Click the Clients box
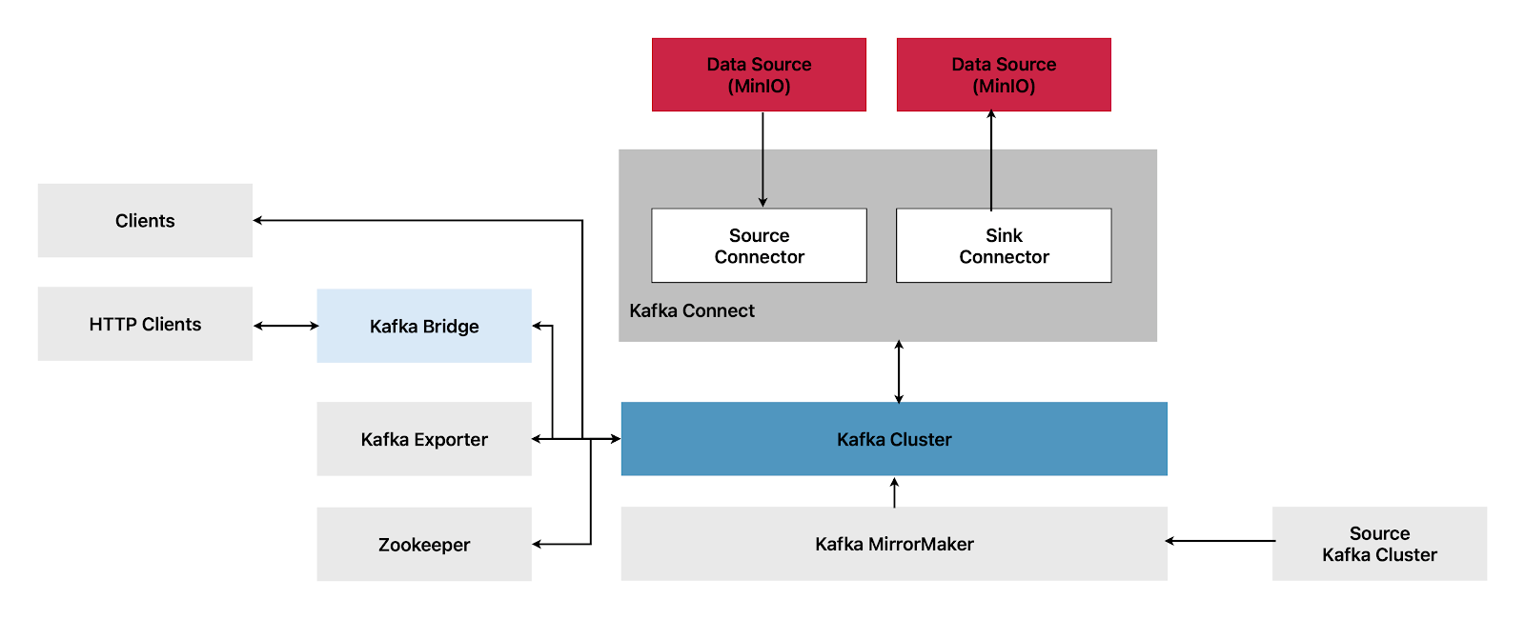tap(145, 220)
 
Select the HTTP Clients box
tap(145, 324)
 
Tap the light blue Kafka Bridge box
tap(424, 326)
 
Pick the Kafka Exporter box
tap(424, 439)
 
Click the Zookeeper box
tap(424, 544)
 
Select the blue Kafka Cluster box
tap(894, 439)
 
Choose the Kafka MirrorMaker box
tap(894, 544)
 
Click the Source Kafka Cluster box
tap(1379, 544)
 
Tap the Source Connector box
tap(759, 246)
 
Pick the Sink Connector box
tap(1004, 246)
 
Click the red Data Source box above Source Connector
tap(759, 74)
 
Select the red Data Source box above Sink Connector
tap(1004, 74)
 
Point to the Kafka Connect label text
tap(692, 310)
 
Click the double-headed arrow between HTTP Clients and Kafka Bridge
tap(286, 326)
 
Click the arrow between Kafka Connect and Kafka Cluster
tap(899, 371)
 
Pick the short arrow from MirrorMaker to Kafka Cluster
tap(894, 492)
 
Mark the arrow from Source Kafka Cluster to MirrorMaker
tap(1220, 541)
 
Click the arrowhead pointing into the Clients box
tap(258, 220)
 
